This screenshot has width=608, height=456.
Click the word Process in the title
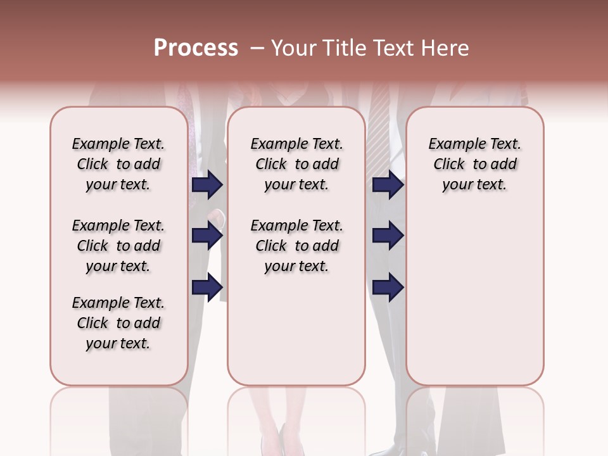point(196,48)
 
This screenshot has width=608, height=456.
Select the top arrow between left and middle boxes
point(207,184)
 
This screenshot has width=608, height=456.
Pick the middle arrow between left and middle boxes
point(207,236)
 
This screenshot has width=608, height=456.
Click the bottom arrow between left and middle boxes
point(207,287)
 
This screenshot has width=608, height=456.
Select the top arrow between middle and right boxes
point(388,184)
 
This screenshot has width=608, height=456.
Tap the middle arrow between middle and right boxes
point(388,236)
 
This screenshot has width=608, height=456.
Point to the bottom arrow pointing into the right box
point(388,287)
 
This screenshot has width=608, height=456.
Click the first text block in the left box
point(118,164)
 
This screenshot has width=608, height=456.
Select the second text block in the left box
point(118,246)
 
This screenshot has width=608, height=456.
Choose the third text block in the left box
point(118,323)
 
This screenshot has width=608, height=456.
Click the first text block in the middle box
point(296,164)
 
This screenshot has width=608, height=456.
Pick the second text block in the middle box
point(296,246)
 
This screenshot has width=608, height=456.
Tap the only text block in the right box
point(474,164)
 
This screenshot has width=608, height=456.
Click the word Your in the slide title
point(294,48)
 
